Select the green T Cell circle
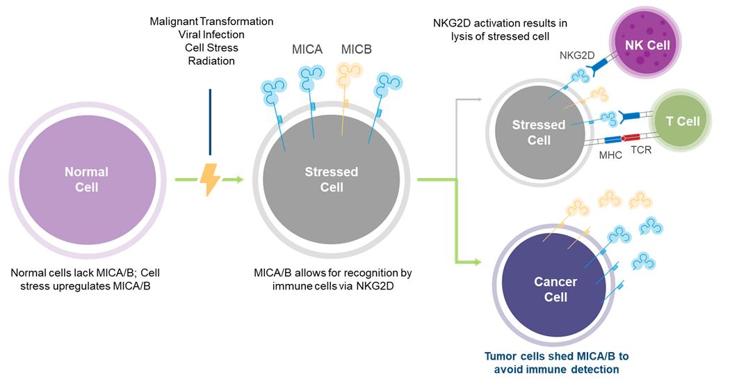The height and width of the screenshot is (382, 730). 682,121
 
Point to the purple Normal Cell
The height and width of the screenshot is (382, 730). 86,179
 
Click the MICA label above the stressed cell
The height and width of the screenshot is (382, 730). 307,50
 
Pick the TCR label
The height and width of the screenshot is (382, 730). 641,149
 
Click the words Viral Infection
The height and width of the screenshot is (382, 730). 211,35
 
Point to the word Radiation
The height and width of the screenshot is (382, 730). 211,61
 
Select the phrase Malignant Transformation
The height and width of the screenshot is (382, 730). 211,22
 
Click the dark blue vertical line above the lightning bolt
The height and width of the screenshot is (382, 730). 209,122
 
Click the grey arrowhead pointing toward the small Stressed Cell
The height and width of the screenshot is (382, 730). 478,100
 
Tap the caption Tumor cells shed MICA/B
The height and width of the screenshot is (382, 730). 556,356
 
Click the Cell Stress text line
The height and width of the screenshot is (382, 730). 211,48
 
